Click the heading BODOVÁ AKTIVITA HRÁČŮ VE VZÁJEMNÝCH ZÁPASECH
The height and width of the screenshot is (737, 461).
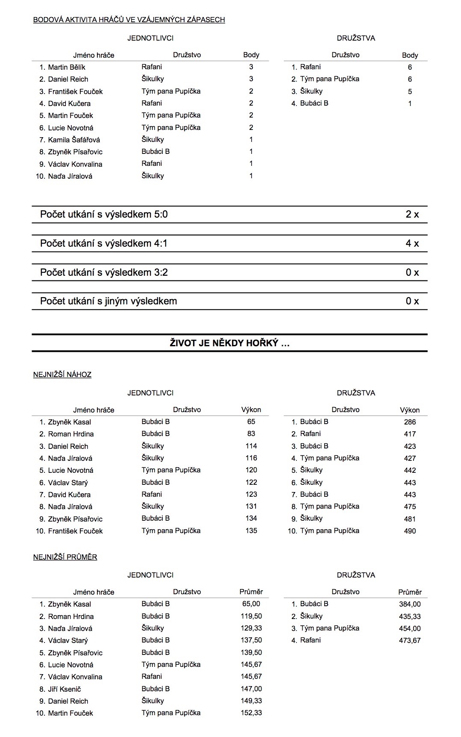click(129, 20)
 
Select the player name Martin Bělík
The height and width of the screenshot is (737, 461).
click(67, 67)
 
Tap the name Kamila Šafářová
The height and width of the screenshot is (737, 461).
click(74, 140)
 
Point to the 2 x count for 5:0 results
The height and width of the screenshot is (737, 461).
click(412, 215)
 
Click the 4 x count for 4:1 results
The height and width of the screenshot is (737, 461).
click(412, 244)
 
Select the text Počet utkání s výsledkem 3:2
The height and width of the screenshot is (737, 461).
click(104, 272)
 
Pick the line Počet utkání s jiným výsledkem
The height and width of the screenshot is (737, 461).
click(109, 301)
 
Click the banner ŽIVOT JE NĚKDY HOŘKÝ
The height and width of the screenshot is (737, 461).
click(229, 343)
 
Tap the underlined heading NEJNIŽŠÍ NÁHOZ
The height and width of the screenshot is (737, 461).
click(62, 374)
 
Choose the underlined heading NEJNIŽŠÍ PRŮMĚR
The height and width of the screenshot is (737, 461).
click(65, 557)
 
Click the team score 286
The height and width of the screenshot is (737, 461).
click(410, 422)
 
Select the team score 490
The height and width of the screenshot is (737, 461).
click(410, 531)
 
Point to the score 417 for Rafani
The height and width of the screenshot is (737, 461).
click(410, 434)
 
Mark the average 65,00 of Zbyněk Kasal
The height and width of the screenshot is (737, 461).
click(251, 604)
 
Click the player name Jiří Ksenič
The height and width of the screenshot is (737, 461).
click(65, 689)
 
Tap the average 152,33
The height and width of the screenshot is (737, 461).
click(251, 713)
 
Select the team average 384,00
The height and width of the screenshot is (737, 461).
click(410, 604)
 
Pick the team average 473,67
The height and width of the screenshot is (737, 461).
click(410, 640)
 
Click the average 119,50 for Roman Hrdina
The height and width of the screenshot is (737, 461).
click(251, 616)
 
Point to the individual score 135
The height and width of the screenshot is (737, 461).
click(251, 531)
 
